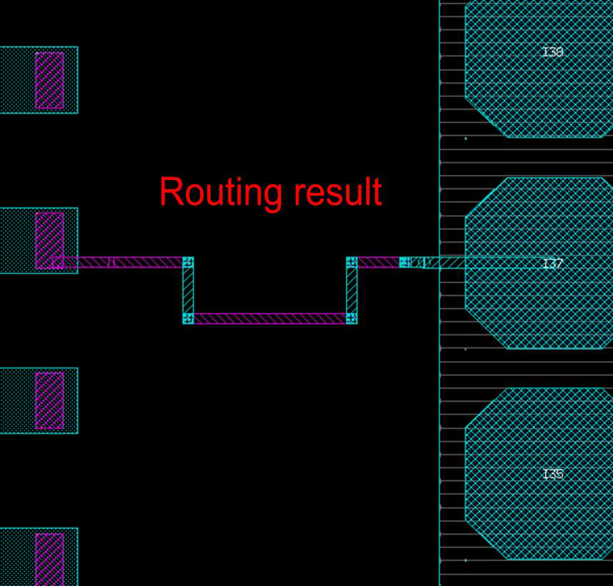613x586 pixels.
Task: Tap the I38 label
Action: click(x=553, y=52)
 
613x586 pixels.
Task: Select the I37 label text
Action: click(x=553, y=264)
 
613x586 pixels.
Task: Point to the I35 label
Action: click(x=553, y=474)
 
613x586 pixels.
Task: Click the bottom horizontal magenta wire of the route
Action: click(x=270, y=319)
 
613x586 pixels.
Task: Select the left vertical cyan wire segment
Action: click(x=188, y=290)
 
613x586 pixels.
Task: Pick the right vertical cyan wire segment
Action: click(x=352, y=290)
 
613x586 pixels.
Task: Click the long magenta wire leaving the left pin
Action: click(x=129, y=262)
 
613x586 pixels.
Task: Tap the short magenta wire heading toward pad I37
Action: click(x=377, y=262)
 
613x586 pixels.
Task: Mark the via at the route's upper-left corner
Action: click(x=188, y=262)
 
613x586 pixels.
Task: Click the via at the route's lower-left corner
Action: click(x=188, y=319)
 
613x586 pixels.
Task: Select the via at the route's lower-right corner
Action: click(x=352, y=319)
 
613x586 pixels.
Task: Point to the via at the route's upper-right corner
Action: click(x=352, y=262)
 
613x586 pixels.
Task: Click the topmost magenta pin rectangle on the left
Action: click(x=49, y=80)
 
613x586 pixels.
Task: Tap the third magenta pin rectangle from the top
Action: click(x=49, y=400)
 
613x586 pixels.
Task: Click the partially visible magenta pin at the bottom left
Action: click(x=49, y=559)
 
